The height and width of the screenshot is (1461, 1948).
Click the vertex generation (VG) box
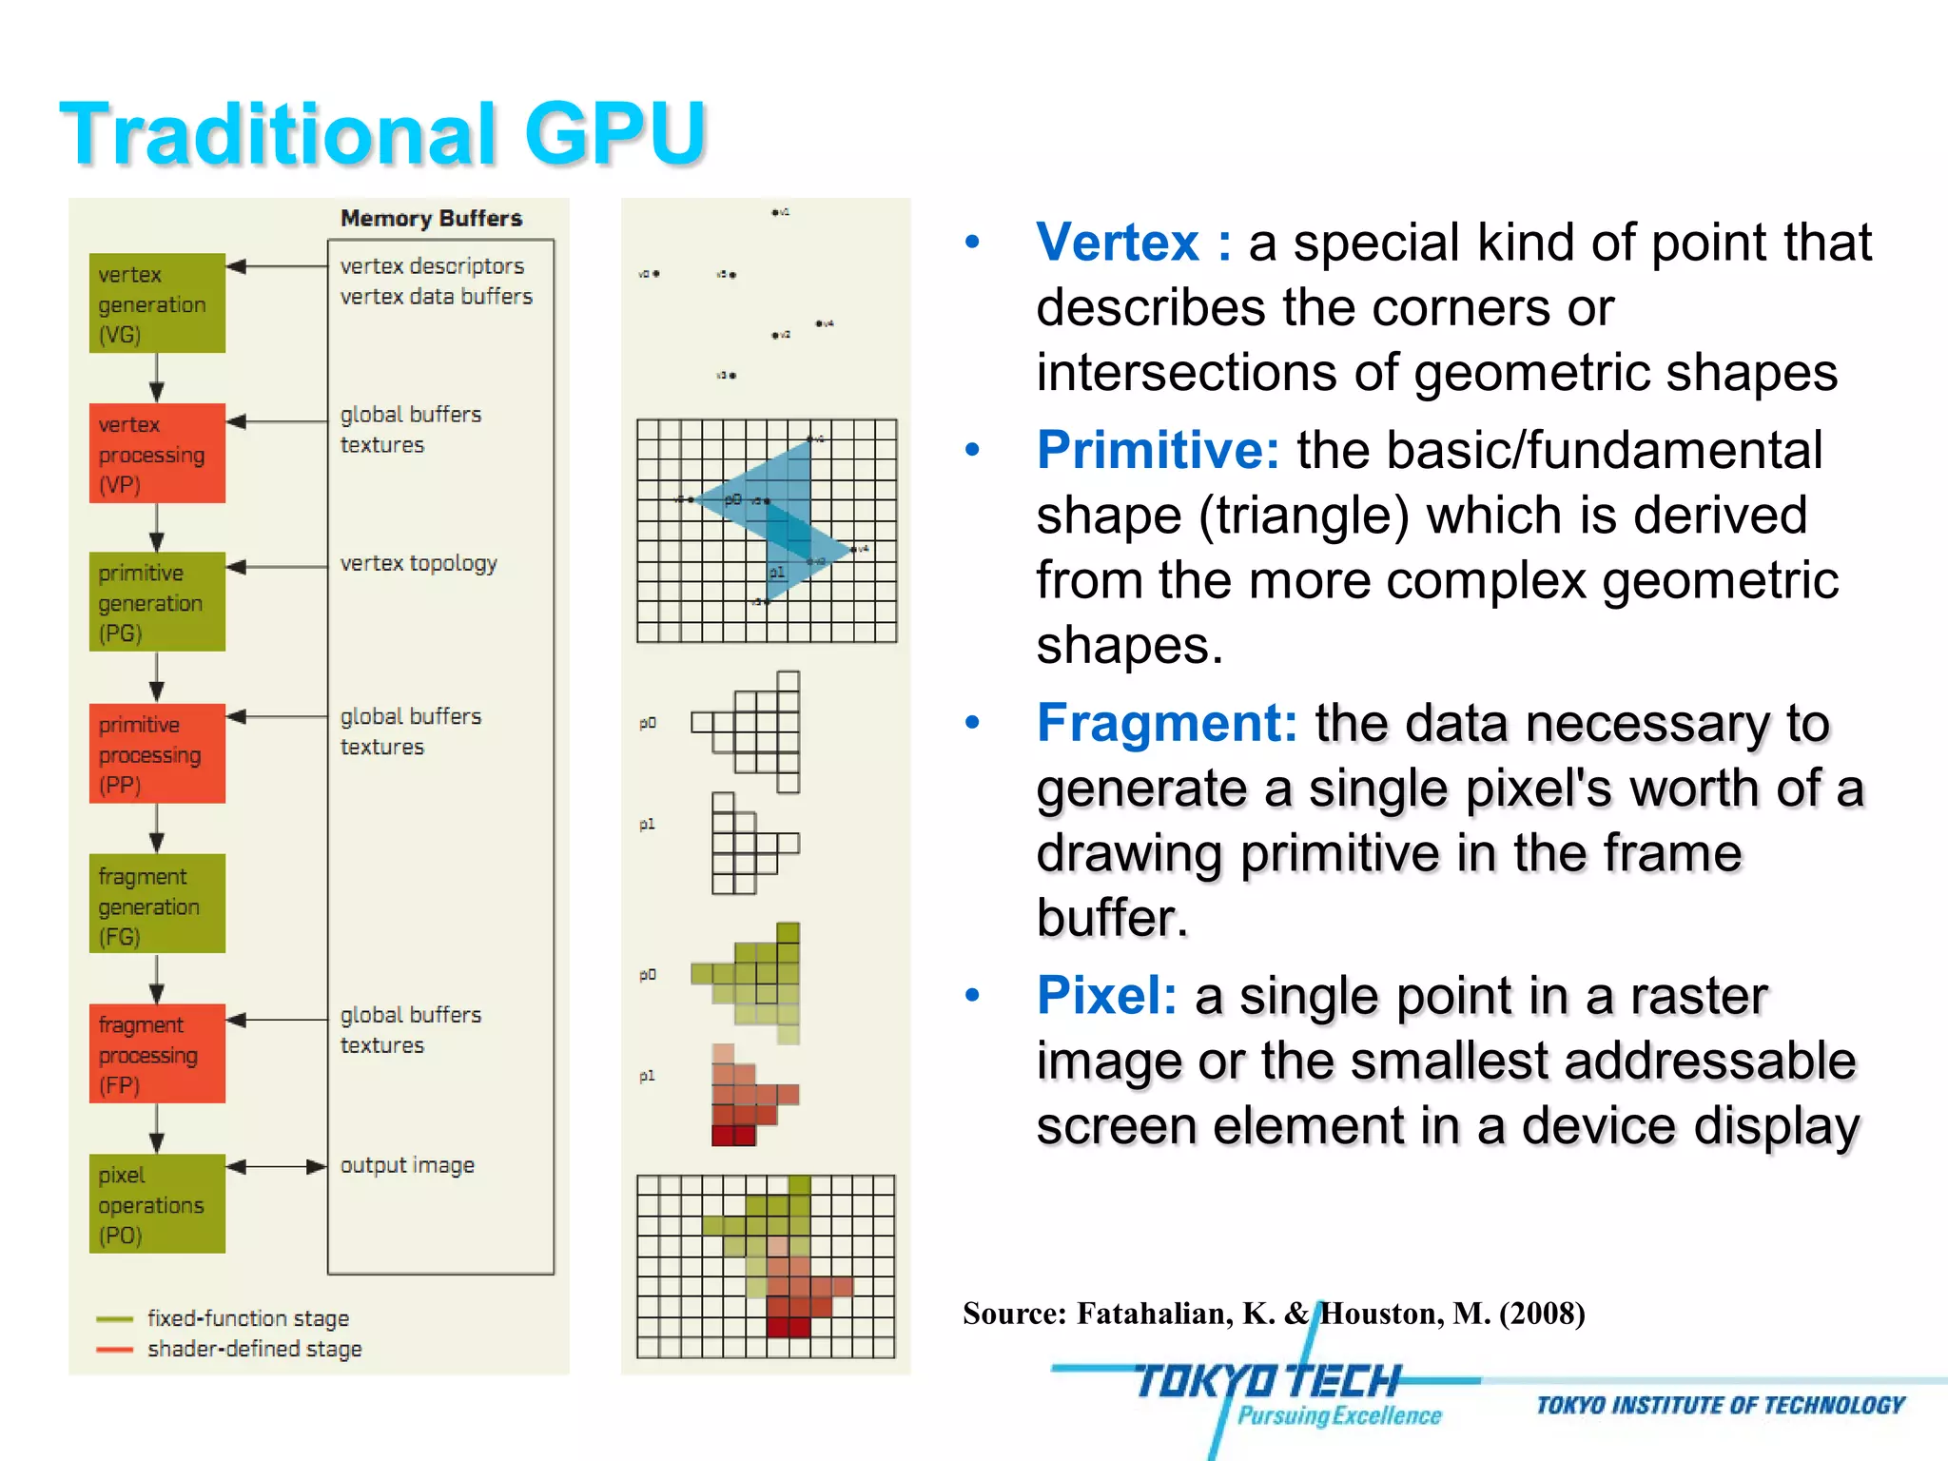click(x=157, y=303)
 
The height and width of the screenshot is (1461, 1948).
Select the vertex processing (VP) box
click(x=157, y=454)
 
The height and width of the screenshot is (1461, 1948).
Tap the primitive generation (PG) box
click(x=157, y=602)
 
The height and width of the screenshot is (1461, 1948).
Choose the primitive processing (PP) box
click(x=157, y=753)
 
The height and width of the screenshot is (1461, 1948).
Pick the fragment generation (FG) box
click(x=157, y=905)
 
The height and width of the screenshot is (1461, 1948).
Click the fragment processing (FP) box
click(x=157, y=1054)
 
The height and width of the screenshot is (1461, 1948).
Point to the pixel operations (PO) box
click(x=157, y=1204)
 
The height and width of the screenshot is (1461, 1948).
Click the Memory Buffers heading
click(x=431, y=219)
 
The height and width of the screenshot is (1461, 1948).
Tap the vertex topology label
click(x=419, y=563)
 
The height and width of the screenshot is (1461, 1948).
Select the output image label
click(x=407, y=1165)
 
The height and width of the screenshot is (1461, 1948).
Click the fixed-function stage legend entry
click(x=247, y=1318)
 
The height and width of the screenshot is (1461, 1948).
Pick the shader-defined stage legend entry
click(x=254, y=1349)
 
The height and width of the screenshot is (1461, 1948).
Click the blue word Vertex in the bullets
click(x=1118, y=243)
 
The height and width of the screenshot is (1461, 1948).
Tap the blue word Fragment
click(x=1166, y=723)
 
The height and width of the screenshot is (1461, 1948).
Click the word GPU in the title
click(x=614, y=133)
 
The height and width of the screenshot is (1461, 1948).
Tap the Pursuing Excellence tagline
click(x=1339, y=1416)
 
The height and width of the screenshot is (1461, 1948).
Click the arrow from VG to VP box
click(x=157, y=379)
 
